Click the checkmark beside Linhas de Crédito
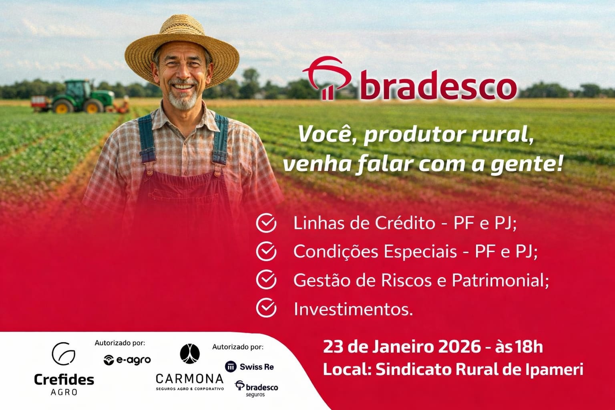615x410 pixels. [266, 223]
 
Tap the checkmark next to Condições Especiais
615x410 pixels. [266, 251]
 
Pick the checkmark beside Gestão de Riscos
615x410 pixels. [266, 279]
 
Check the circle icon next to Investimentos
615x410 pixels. [266, 308]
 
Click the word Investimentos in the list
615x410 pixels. [354, 309]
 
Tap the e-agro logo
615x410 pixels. [127, 360]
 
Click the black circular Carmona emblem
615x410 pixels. [190, 354]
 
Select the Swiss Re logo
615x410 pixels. [249, 367]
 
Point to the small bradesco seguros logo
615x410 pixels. [256, 388]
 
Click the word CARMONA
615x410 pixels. [190, 379]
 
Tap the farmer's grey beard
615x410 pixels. [182, 99]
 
